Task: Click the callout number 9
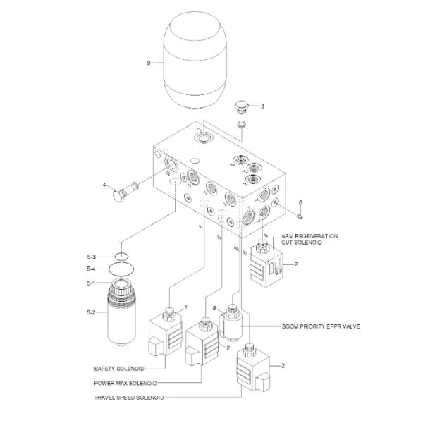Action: (149, 63)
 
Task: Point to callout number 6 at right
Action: (300, 202)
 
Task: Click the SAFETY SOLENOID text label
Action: (118, 368)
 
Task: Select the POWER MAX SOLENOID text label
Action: (124, 383)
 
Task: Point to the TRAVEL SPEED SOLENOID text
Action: (129, 398)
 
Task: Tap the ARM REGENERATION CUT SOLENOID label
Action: (311, 238)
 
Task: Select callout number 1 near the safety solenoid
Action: (186, 307)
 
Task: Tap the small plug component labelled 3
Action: (242, 111)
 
